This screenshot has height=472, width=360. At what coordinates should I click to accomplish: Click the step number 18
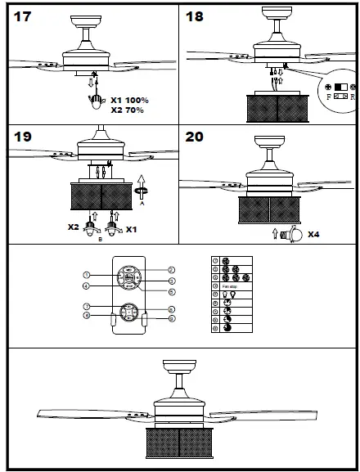pos(196,17)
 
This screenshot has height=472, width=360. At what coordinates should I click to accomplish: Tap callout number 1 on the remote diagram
pos(86,275)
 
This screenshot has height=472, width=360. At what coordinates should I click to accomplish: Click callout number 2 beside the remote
pos(171,269)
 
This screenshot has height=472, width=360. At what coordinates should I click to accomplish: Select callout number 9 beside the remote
pos(171,319)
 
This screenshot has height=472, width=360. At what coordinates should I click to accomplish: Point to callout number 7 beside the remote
pos(86,307)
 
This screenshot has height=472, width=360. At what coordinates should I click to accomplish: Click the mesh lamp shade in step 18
pos(277,107)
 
